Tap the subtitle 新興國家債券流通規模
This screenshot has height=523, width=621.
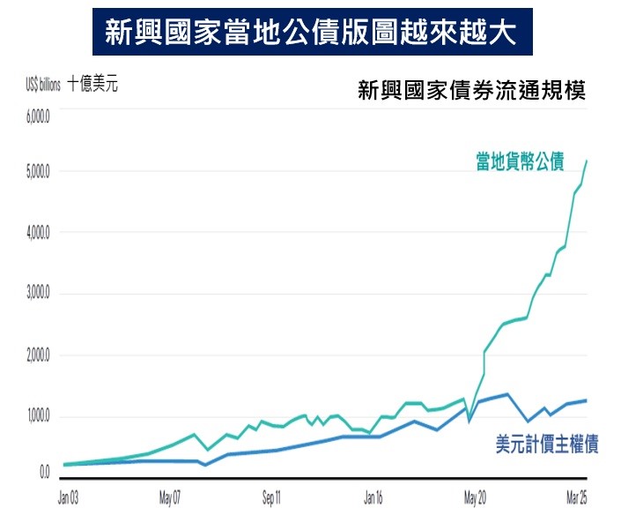472,91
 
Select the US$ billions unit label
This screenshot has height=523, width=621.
42,86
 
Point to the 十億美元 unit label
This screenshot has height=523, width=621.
92,86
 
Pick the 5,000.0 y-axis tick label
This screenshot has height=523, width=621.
40,171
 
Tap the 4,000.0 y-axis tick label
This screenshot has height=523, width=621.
40,233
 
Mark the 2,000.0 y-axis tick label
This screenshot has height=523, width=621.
40,355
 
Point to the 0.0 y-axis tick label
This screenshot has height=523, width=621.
44,474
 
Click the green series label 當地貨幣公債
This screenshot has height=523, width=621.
520,162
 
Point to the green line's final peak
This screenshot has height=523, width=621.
588,161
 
